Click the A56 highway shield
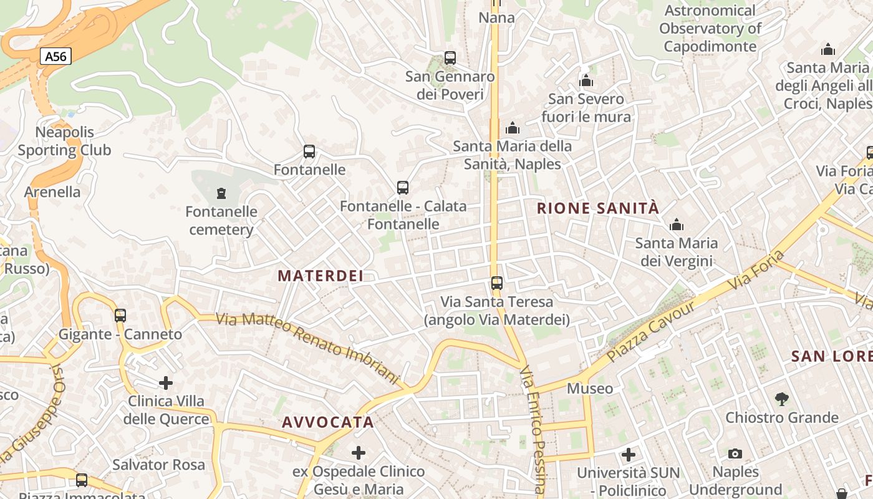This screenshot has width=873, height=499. point(55,57)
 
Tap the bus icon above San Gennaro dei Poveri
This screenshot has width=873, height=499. point(450,58)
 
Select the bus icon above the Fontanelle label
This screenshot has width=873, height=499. point(309,151)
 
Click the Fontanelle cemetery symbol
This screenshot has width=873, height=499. point(221,193)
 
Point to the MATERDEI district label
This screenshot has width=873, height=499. point(321,276)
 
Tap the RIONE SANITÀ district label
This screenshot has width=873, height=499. point(598,208)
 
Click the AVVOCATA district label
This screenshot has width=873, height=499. point(328,422)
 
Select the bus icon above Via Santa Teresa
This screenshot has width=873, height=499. point(497,283)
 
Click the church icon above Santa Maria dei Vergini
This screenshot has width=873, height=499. point(677,225)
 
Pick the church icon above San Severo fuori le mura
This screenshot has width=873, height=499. point(586,80)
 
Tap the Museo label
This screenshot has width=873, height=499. point(590,389)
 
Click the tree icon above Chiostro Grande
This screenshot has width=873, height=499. point(781,399)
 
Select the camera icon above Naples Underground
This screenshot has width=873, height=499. point(735,453)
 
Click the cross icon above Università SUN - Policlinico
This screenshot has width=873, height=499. point(629,454)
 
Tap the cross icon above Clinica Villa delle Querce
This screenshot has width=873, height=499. point(166,382)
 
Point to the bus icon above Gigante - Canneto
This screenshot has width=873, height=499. point(120,316)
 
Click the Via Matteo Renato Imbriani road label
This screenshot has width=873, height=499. point(307,348)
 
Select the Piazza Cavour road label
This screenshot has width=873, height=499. point(651,331)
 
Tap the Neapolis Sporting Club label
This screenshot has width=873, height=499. point(64,141)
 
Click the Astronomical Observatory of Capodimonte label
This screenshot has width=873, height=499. point(710,28)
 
